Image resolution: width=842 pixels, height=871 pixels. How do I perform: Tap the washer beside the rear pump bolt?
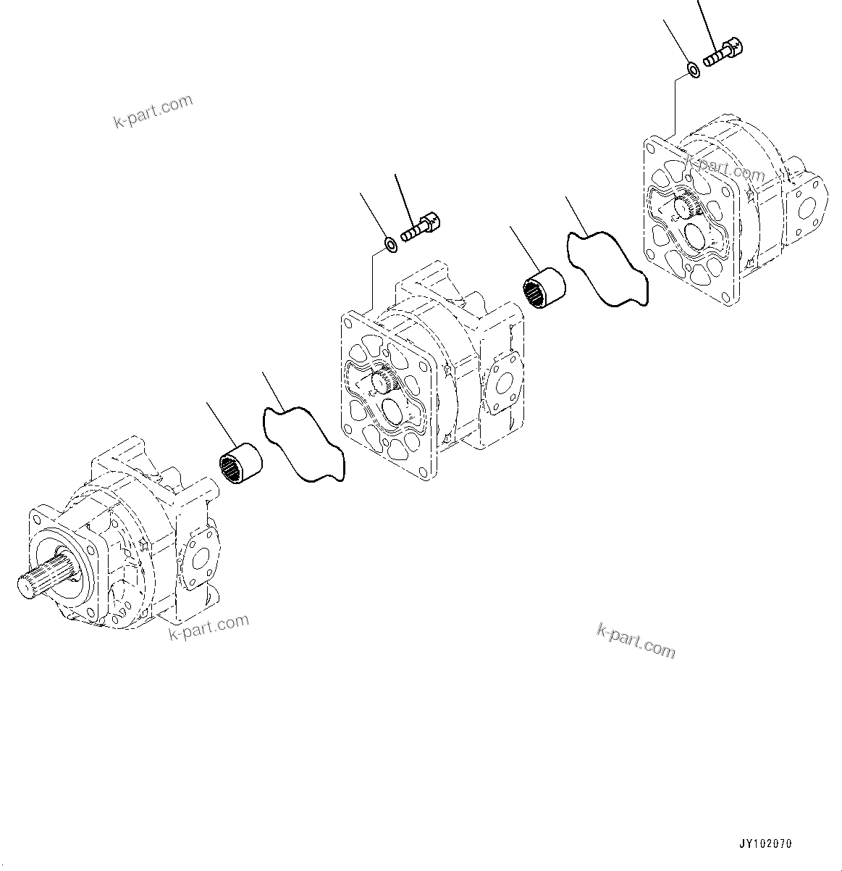point(693,70)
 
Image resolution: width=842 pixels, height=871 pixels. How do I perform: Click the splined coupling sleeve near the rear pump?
point(544,289)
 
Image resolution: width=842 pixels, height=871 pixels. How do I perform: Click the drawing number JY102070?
point(765,844)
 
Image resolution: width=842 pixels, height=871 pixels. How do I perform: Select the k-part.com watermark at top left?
point(153,111)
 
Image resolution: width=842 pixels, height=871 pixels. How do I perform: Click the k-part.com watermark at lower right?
point(636,641)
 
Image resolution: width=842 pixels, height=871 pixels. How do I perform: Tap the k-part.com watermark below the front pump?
point(209,628)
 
